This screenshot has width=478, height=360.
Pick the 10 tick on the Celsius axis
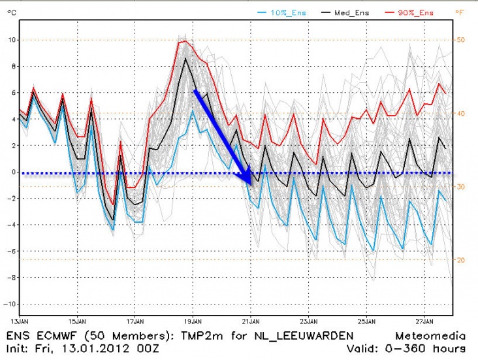[x=11, y=40]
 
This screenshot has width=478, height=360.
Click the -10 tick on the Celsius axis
[x=9, y=305]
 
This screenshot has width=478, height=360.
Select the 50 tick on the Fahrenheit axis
[x=460, y=40]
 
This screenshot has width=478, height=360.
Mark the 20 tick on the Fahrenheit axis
[x=460, y=260]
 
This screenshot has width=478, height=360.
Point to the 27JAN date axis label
[x=424, y=321]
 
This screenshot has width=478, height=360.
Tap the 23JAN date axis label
[x=309, y=321]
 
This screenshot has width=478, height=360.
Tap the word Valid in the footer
[x=381, y=348]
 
